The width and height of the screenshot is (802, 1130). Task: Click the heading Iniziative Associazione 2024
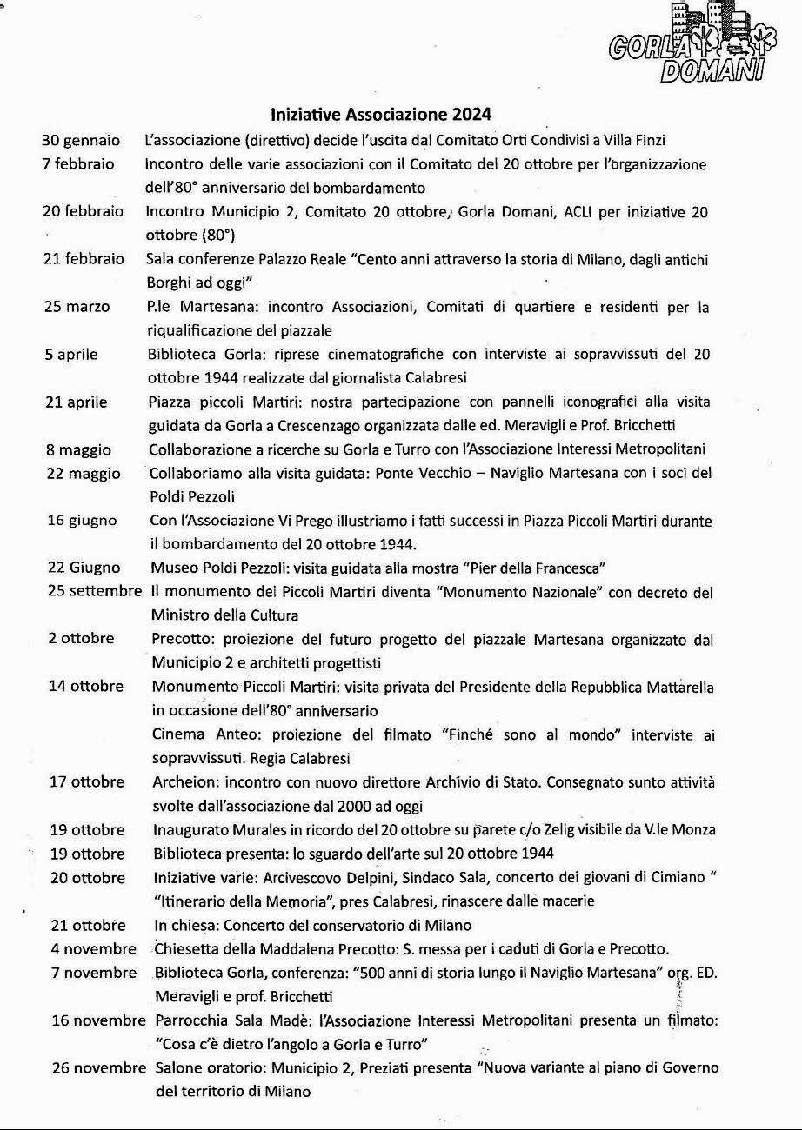(381, 115)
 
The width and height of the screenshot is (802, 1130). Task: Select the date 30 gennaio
(81, 139)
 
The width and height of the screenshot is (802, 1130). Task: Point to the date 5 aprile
(72, 354)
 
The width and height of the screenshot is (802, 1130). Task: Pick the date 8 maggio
(78, 449)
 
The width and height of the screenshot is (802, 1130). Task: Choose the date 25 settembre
(94, 592)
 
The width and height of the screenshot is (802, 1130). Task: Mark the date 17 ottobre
(87, 781)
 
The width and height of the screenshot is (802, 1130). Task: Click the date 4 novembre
(93, 948)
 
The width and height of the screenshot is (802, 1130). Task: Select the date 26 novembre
(98, 1067)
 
